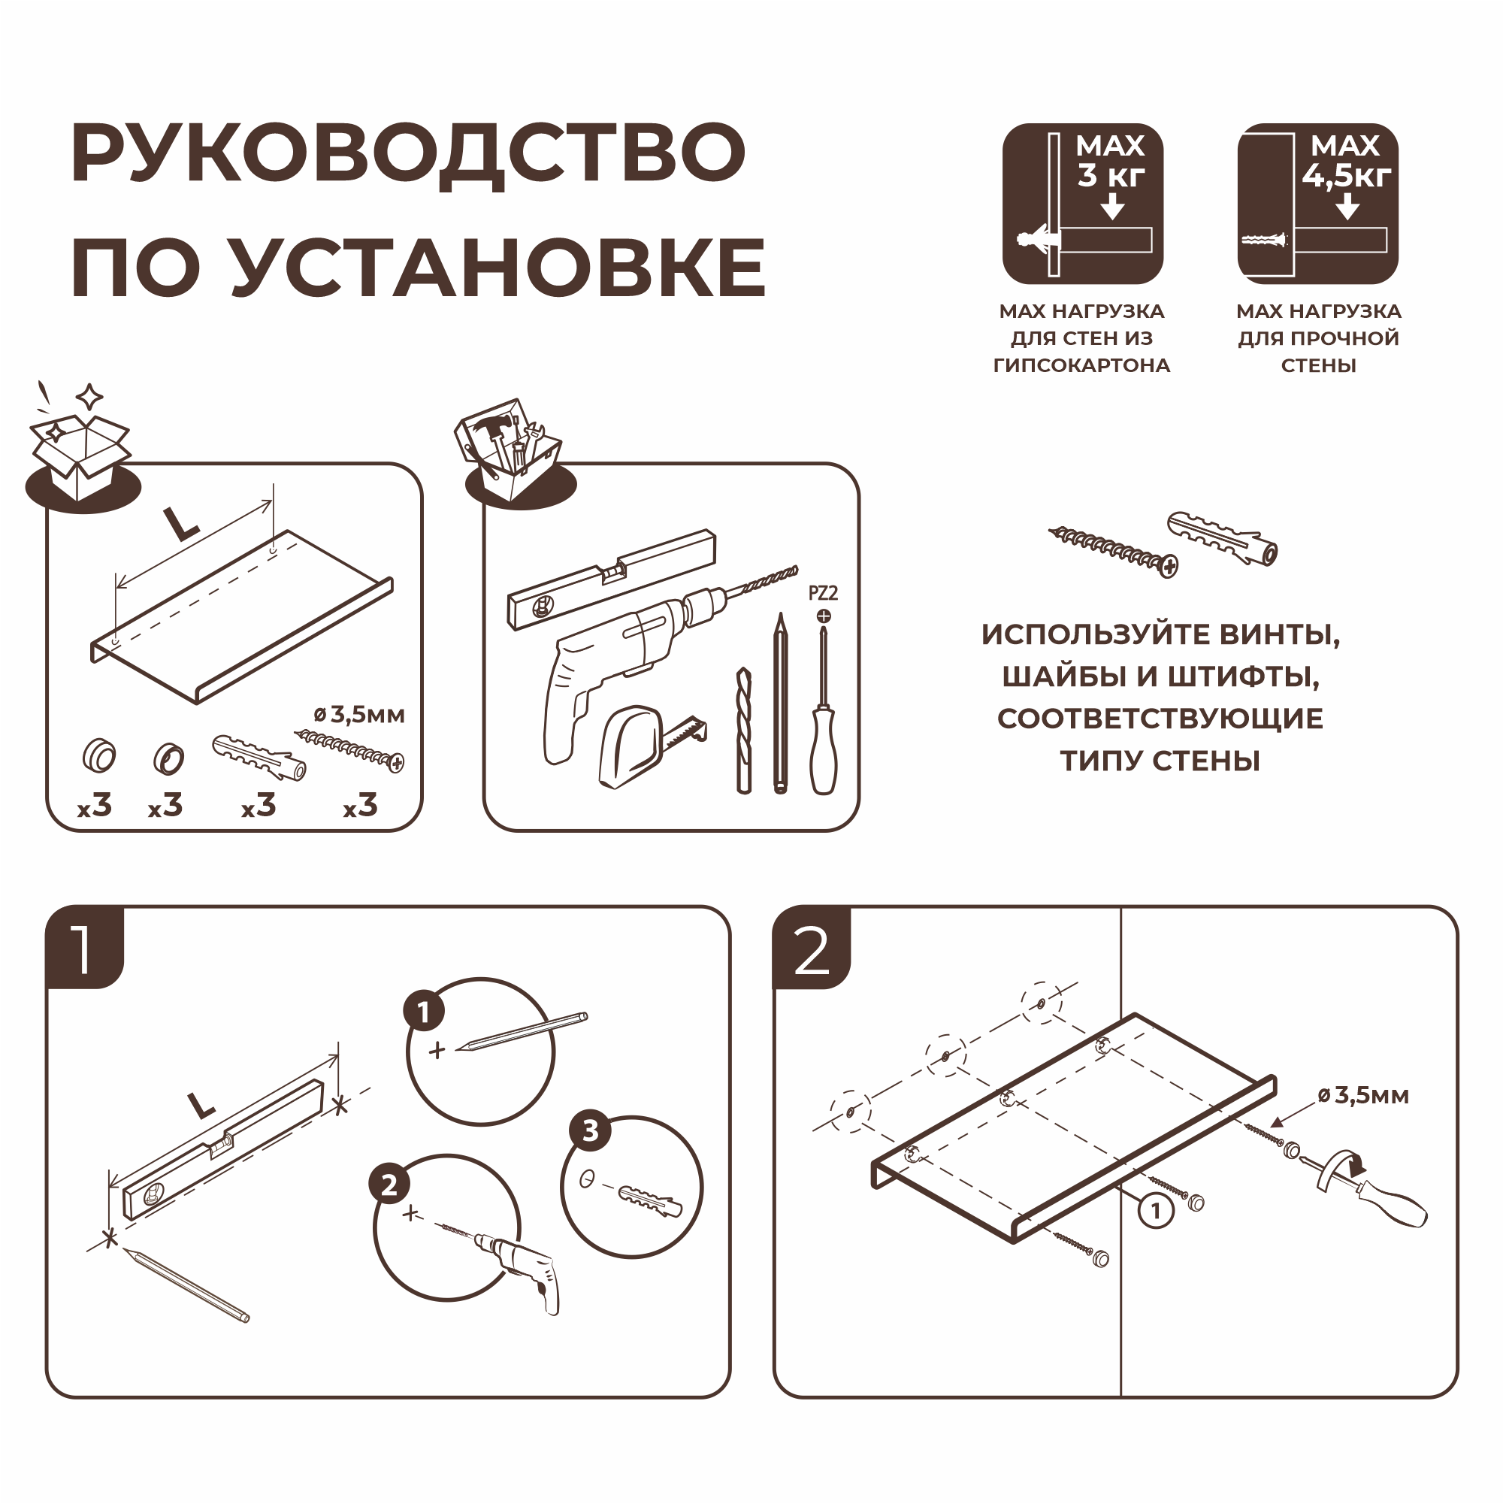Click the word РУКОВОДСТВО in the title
coord(408,153)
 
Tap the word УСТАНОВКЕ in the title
coord(498,267)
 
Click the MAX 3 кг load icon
coord(1082,203)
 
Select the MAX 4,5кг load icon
coord(1317,203)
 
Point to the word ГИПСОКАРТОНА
coord(1081,365)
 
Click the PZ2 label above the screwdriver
coord(823,593)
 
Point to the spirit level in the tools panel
coord(611,579)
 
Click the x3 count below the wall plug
coord(259,806)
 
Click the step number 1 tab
coord(84,947)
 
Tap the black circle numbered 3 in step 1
coord(590,1130)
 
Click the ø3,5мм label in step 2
coord(1363,1095)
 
